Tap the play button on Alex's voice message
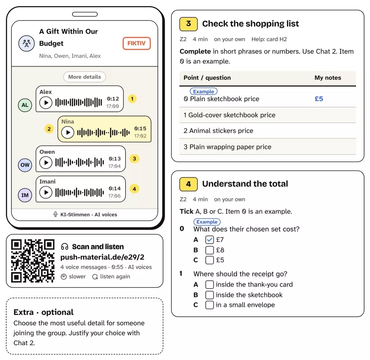[x=46, y=103]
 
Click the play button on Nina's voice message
[x=68, y=132]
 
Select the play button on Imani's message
[x=46, y=192]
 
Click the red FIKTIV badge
[x=137, y=43]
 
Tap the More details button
[x=84, y=77]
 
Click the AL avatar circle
[x=25, y=105]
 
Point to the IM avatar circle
[x=25, y=195]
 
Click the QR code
[x=33, y=261]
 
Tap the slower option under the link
[x=73, y=277]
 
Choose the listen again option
[x=111, y=277]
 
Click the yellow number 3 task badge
[x=188, y=24]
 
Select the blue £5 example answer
[x=319, y=99]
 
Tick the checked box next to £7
[x=210, y=240]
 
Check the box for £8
[x=210, y=250]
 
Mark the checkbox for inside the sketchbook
[x=210, y=295]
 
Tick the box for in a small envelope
[x=210, y=305]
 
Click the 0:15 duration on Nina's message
[x=140, y=129]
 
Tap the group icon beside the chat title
[x=27, y=43]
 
